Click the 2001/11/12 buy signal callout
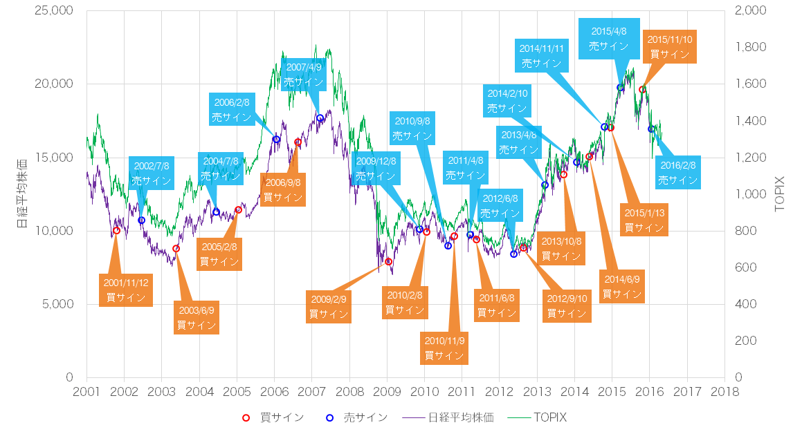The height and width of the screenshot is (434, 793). (x=126, y=290)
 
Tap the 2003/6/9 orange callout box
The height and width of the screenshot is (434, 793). (x=196, y=317)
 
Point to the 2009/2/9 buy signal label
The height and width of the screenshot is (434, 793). (x=328, y=306)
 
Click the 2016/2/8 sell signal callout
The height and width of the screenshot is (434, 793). (x=677, y=172)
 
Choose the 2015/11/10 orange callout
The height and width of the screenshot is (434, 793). (x=670, y=46)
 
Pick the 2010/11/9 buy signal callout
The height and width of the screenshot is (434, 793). (x=444, y=348)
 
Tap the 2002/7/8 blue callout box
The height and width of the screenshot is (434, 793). (x=151, y=173)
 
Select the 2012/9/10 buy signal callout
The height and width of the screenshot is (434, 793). (x=566, y=305)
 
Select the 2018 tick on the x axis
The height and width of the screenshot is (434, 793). (x=724, y=393)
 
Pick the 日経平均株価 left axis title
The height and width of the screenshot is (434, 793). (x=22, y=194)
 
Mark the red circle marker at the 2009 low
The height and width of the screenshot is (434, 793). (x=389, y=261)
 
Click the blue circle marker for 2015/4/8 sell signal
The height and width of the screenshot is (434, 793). (x=621, y=88)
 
